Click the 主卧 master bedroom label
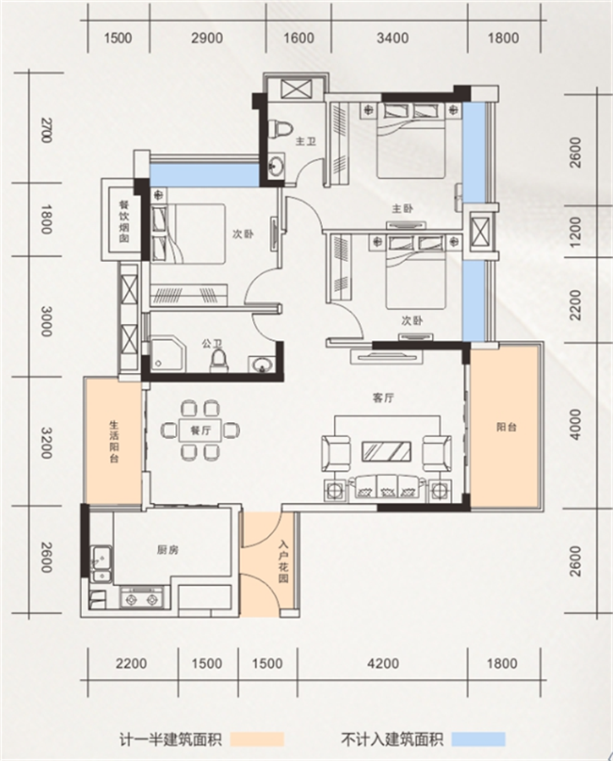coord(402,209)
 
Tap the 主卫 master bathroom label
coord(306,141)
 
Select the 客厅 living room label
coord(383,398)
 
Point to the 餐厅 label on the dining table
coord(200,430)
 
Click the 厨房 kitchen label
coord(168,550)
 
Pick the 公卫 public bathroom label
coord(212,344)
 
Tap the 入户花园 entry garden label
coord(283,561)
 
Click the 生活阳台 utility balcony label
coord(113,441)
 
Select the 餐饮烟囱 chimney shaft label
coord(123,222)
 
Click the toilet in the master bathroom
coord(281,129)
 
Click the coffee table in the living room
coord(386,452)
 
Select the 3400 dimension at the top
coord(392,38)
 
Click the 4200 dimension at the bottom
coord(383,664)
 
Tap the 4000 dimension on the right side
coord(575,424)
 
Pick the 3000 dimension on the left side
coord(47,321)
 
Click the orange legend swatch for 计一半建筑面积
coord(257,739)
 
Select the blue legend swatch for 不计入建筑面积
coord(479,739)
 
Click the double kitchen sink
coord(101,563)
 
